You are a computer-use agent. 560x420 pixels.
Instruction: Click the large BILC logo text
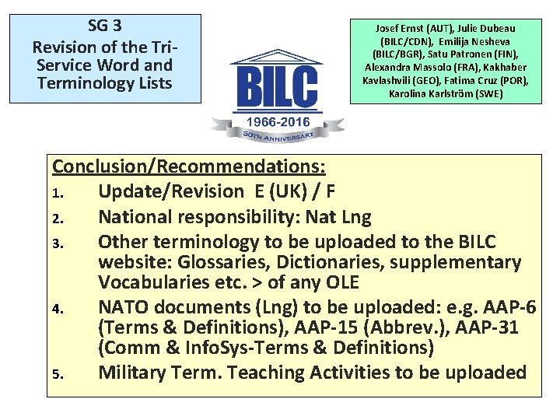[x=278, y=89]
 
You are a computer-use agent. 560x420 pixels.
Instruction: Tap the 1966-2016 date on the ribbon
[x=278, y=122]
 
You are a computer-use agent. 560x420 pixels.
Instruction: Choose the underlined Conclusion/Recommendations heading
[x=189, y=166]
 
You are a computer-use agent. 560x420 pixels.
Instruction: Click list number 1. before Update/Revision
[x=58, y=192]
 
